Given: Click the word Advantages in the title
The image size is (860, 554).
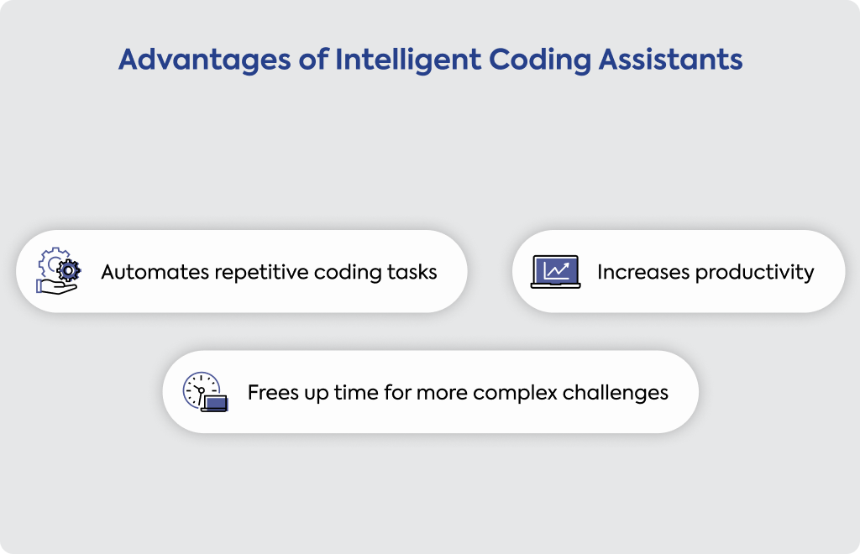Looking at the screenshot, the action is pyautogui.click(x=205, y=60).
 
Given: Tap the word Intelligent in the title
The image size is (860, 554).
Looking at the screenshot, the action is pyautogui.click(x=408, y=60).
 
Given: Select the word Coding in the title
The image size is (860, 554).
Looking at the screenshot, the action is pyautogui.click(x=540, y=60).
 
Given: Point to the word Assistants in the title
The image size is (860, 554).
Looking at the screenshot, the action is pyautogui.click(x=670, y=60).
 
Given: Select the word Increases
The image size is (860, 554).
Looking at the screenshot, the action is pyautogui.click(x=643, y=272).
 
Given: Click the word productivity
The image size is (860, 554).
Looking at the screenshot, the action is pyautogui.click(x=755, y=273).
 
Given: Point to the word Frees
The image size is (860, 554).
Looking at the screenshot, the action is pyautogui.click(x=265, y=392).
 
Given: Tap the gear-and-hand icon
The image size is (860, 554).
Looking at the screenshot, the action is pyautogui.click(x=58, y=270).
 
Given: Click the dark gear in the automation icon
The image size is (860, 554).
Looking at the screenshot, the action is pyautogui.click(x=69, y=270).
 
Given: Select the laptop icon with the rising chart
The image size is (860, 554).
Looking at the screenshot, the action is pyautogui.click(x=556, y=271).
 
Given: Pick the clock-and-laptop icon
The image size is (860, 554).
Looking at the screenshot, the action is pyautogui.click(x=205, y=391).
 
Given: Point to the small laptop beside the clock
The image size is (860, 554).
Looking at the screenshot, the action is pyautogui.click(x=214, y=403).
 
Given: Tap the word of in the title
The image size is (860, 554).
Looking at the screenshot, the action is pyautogui.click(x=314, y=60).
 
